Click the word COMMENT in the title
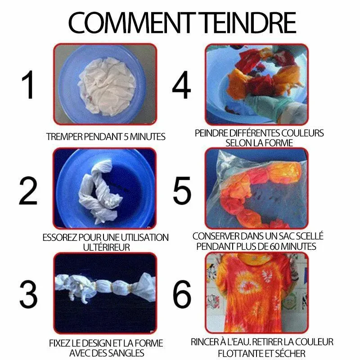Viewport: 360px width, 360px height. click(x=130, y=22)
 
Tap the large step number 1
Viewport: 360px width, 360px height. click(x=28, y=85)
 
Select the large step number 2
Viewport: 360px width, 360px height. click(x=28, y=190)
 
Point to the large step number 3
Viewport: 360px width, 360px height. click(x=28, y=294)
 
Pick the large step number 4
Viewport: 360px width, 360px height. click(x=181, y=85)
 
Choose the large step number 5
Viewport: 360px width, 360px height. click(x=182, y=190)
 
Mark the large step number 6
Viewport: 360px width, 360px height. click(x=182, y=294)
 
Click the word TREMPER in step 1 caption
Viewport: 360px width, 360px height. click(x=64, y=137)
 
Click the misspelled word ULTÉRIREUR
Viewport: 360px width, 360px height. click(x=107, y=247)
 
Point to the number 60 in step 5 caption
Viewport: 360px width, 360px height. click(x=275, y=247)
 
